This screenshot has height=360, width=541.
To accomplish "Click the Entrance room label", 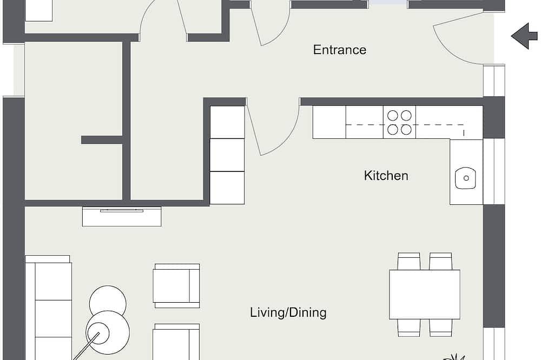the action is pyautogui.click(x=340, y=50).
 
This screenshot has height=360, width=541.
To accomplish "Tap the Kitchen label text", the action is pyautogui.click(x=386, y=176).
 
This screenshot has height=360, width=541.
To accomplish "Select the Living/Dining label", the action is pyautogui.click(x=288, y=312).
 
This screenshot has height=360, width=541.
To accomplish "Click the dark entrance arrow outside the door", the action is pyautogui.click(x=524, y=36).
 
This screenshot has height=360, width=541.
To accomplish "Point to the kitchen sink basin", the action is pyautogui.click(x=465, y=178).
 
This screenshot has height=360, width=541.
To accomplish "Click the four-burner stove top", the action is pyautogui.click(x=399, y=122).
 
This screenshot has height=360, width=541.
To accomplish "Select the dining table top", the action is pyautogui.click(x=424, y=294).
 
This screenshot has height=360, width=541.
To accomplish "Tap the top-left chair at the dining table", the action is pyautogui.click(x=409, y=261).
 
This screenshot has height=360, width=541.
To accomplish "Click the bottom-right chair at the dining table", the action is pyautogui.click(x=440, y=328).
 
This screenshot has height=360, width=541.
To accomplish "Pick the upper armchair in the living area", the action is pyautogui.click(x=176, y=286).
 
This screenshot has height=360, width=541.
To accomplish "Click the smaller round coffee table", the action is pyautogui.click(x=108, y=300).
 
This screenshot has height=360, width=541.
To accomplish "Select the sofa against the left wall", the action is pyautogui.click(x=48, y=308).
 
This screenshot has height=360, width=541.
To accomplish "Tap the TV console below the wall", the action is pyautogui.click(x=122, y=217).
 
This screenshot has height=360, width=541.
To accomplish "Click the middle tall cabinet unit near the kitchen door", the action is pyautogui.click(x=227, y=155).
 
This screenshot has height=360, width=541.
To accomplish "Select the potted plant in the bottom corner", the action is pyautogui.click(x=454, y=357).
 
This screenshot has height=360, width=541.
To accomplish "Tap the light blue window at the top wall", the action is pyautogui.click(x=387, y=2).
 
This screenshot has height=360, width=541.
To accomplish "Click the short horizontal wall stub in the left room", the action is pyautogui.click(x=102, y=139).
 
